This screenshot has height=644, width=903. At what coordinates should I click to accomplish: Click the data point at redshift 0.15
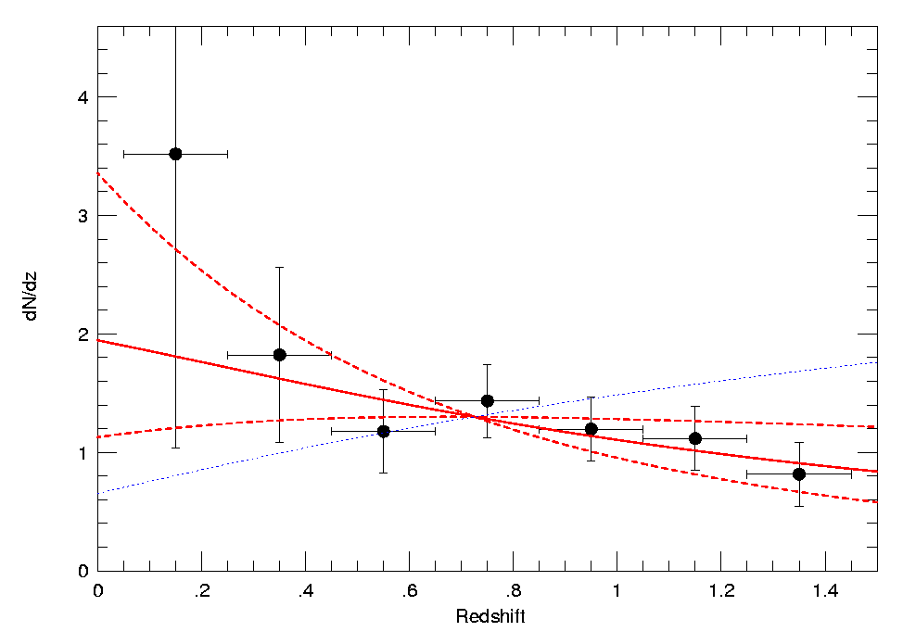(175, 154)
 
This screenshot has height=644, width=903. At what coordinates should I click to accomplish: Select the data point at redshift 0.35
(279, 355)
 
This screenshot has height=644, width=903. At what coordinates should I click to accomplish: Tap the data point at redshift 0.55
(383, 431)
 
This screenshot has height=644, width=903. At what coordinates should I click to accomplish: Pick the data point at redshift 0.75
(487, 400)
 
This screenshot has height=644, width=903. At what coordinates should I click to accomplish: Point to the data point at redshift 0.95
(591, 429)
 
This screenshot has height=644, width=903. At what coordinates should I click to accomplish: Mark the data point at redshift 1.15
(694, 438)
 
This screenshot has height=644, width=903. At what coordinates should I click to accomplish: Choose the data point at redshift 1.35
(798, 474)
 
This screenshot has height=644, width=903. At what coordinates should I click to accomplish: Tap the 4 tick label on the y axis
(83, 97)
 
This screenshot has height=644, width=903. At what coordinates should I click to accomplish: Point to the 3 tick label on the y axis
(83, 216)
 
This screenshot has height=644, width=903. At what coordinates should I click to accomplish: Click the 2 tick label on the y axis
(83, 335)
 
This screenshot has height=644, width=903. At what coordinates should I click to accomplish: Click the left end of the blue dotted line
(98, 492)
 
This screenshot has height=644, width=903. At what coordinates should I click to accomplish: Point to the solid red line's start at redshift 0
(98, 340)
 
